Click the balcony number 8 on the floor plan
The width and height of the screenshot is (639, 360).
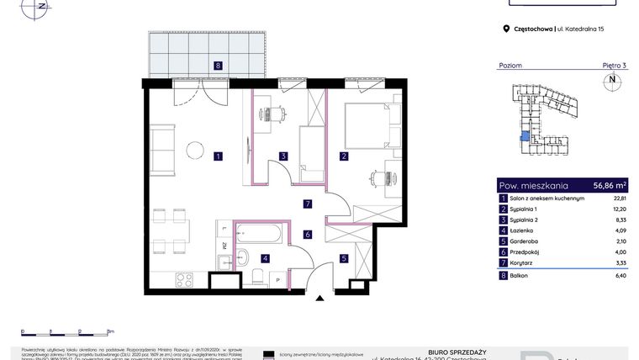point(218,65)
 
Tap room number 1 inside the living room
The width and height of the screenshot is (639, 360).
point(218,156)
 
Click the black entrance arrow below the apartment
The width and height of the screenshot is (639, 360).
point(319,297)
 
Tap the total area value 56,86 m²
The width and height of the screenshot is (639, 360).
point(610,185)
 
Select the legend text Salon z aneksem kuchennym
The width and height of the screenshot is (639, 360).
point(544,198)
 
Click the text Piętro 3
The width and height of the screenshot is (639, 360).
point(614,65)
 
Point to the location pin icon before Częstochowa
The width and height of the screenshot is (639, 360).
point(506,29)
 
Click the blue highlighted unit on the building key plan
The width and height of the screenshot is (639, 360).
point(525,140)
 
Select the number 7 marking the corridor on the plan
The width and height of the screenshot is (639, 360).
point(308,204)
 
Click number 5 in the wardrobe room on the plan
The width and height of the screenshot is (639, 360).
point(343,258)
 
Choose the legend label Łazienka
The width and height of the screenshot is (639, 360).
point(525,230)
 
